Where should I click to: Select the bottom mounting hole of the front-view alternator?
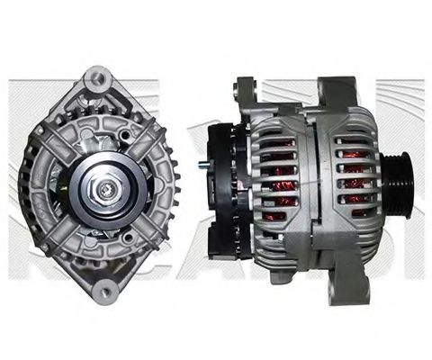pos(107,290)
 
